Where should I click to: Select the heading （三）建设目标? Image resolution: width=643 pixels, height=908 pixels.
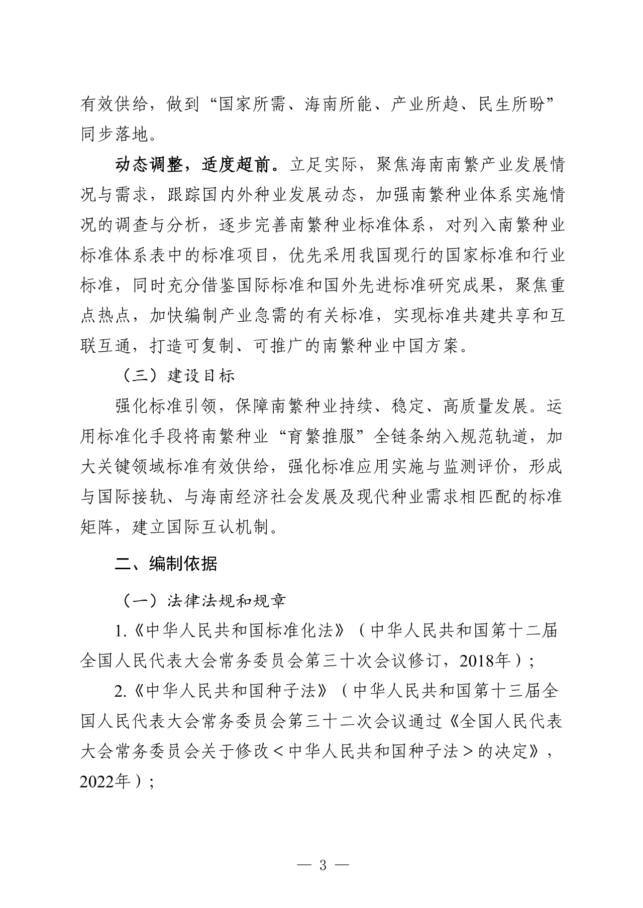pos(175,376)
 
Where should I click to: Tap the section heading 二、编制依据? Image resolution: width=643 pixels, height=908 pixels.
pos(166,564)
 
